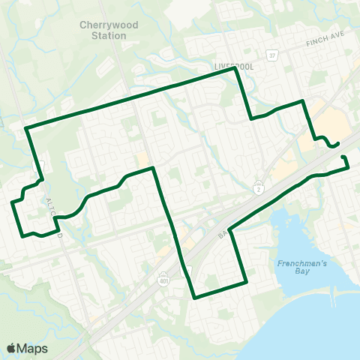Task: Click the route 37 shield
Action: (x=274, y=56)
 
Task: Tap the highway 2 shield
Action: (x=259, y=184)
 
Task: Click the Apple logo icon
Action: (x=11, y=348)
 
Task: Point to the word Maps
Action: (x=33, y=348)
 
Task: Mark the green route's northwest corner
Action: (x=26, y=128)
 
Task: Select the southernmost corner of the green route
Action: (x=194, y=297)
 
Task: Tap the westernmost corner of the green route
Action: (x=12, y=202)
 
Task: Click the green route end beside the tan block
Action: (x=338, y=143)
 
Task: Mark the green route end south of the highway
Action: (x=343, y=157)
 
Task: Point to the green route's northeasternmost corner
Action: (x=302, y=100)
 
